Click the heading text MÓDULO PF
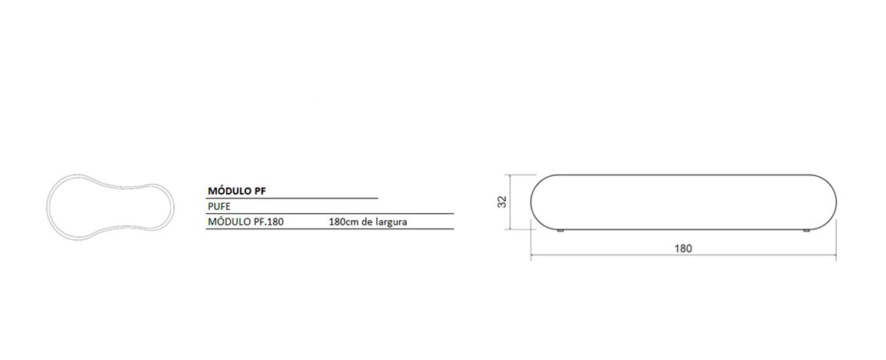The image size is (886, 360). (x=238, y=191)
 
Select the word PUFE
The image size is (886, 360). (x=219, y=206)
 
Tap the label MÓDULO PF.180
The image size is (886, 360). (x=246, y=222)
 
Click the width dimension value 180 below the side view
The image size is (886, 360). (x=683, y=248)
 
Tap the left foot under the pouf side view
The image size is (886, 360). (x=561, y=231)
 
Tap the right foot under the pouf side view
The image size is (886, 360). (x=807, y=231)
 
